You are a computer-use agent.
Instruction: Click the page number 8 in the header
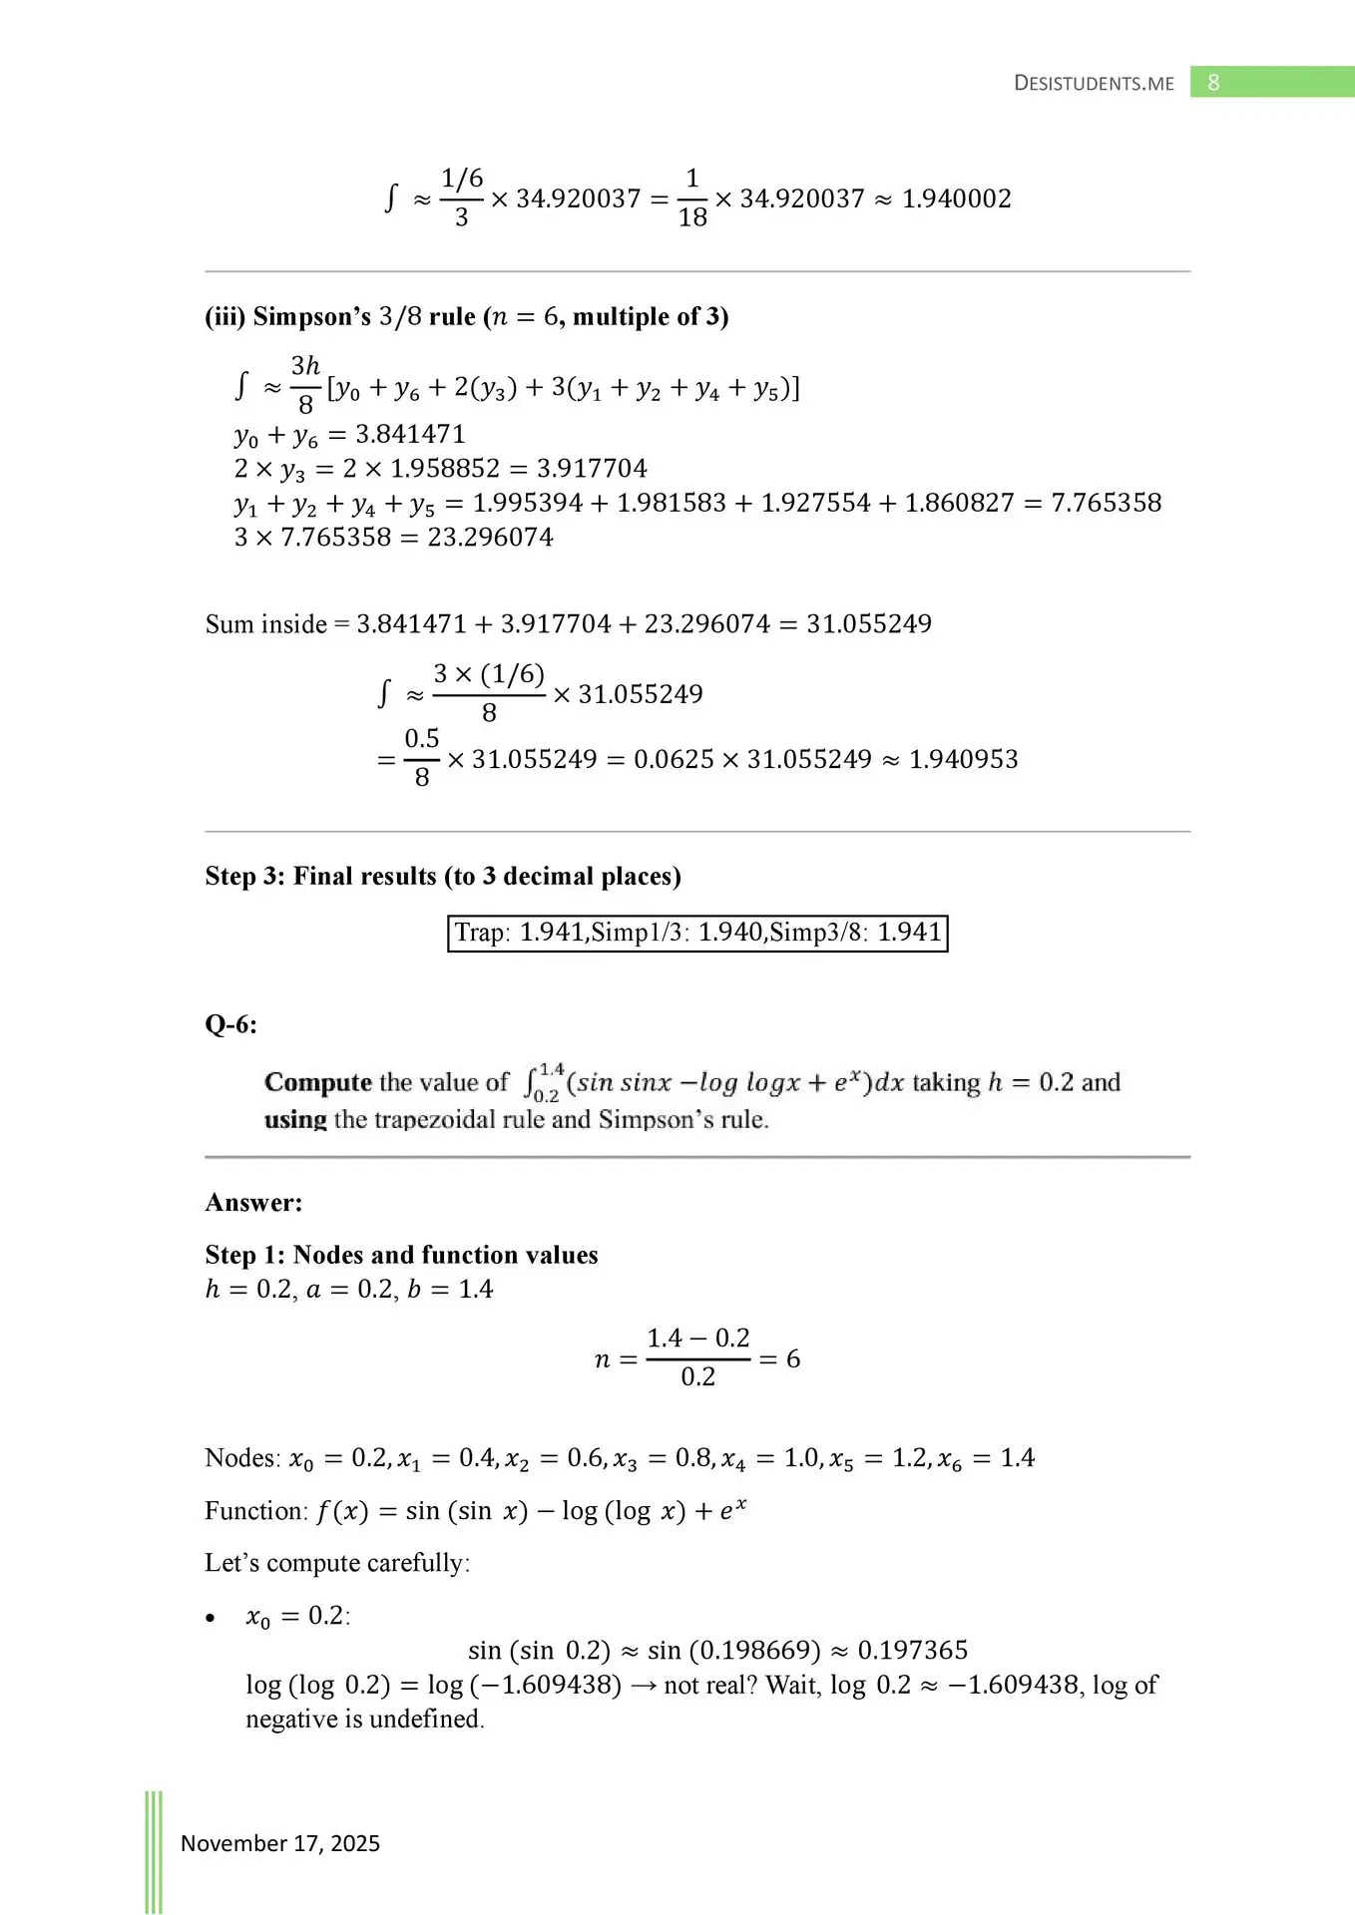click(x=1213, y=83)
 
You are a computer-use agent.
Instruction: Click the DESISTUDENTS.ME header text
click(x=1094, y=84)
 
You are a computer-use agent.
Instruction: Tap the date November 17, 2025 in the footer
click(x=279, y=1843)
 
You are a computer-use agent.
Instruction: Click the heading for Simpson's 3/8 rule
click(x=466, y=316)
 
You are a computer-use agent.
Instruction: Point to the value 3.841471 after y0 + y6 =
click(x=410, y=434)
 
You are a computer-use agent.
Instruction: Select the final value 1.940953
click(x=963, y=759)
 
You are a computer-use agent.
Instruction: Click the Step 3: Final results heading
click(x=442, y=876)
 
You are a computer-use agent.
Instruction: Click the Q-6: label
click(x=230, y=1024)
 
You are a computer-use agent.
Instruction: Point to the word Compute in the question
click(x=317, y=1082)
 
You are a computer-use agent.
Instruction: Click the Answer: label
click(x=253, y=1202)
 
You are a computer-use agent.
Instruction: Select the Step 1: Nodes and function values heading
click(x=401, y=1254)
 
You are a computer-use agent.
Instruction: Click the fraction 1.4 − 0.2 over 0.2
click(x=697, y=1357)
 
